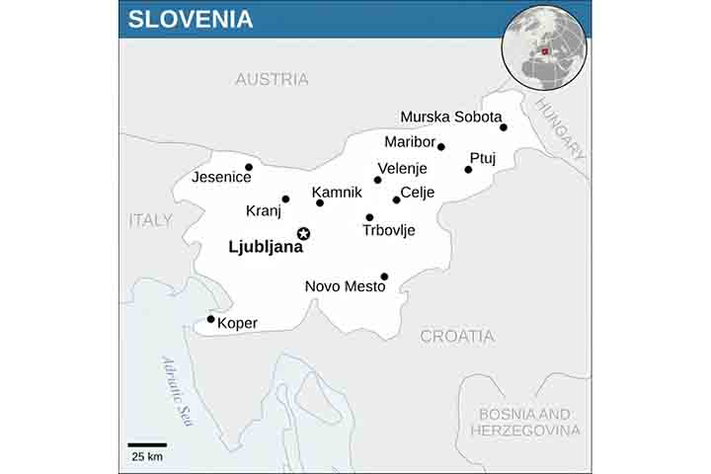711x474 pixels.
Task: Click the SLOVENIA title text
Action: pyautogui.click(x=191, y=19)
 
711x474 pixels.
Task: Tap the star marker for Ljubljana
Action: pyautogui.click(x=304, y=234)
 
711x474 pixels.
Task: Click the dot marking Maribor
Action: pyautogui.click(x=441, y=147)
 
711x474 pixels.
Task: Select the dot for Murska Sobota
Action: pyautogui.click(x=504, y=127)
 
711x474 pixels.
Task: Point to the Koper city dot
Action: pyautogui.click(x=210, y=319)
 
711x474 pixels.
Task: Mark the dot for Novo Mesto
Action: pyautogui.click(x=384, y=276)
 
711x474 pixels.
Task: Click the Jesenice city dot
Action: pyautogui.click(x=249, y=167)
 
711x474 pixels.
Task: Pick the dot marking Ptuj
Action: pyautogui.click(x=468, y=170)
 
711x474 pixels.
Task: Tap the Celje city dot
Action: pyautogui.click(x=396, y=200)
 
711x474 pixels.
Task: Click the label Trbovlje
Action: pyautogui.click(x=389, y=230)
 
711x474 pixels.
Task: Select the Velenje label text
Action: pyautogui.click(x=403, y=168)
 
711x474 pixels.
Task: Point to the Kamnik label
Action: pyautogui.click(x=337, y=191)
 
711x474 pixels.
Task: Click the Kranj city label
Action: pyautogui.click(x=264, y=210)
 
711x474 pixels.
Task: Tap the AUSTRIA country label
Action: pyautogui.click(x=272, y=79)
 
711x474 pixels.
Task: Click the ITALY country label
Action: pyautogui.click(x=150, y=220)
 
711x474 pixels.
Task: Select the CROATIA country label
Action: pyautogui.click(x=457, y=336)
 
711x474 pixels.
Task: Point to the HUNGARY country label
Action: pyautogui.click(x=560, y=128)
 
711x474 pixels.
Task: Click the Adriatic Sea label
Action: pyautogui.click(x=179, y=391)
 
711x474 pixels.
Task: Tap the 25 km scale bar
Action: pyautogui.click(x=146, y=445)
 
